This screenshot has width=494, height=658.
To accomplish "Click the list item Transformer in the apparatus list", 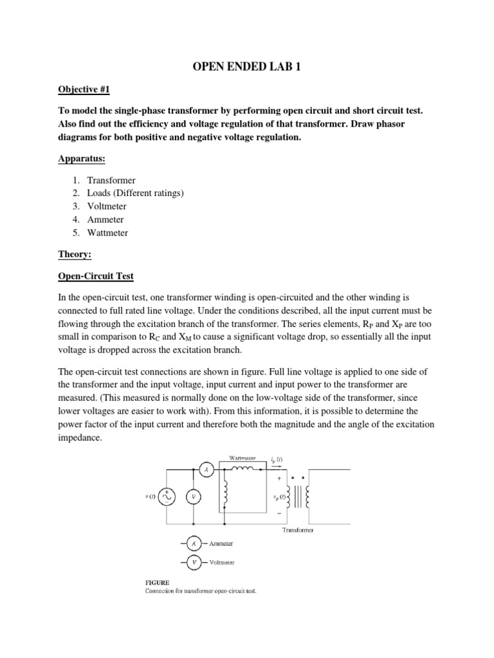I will (111, 181).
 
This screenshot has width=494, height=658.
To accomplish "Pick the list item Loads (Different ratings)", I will (135, 193).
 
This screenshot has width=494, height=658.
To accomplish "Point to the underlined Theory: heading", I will (75, 254).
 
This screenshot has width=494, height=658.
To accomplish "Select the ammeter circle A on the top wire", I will (206, 470).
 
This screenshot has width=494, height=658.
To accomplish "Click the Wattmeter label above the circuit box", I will (242, 458).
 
